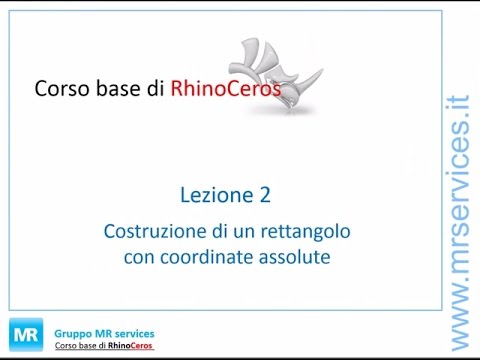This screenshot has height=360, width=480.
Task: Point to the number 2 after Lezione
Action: coord(263,194)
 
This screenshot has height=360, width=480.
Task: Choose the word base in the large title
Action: coord(128,89)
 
